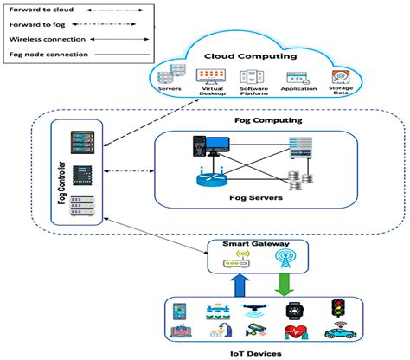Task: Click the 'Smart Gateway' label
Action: click(x=260, y=244)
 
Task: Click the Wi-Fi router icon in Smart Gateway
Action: click(x=234, y=260)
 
